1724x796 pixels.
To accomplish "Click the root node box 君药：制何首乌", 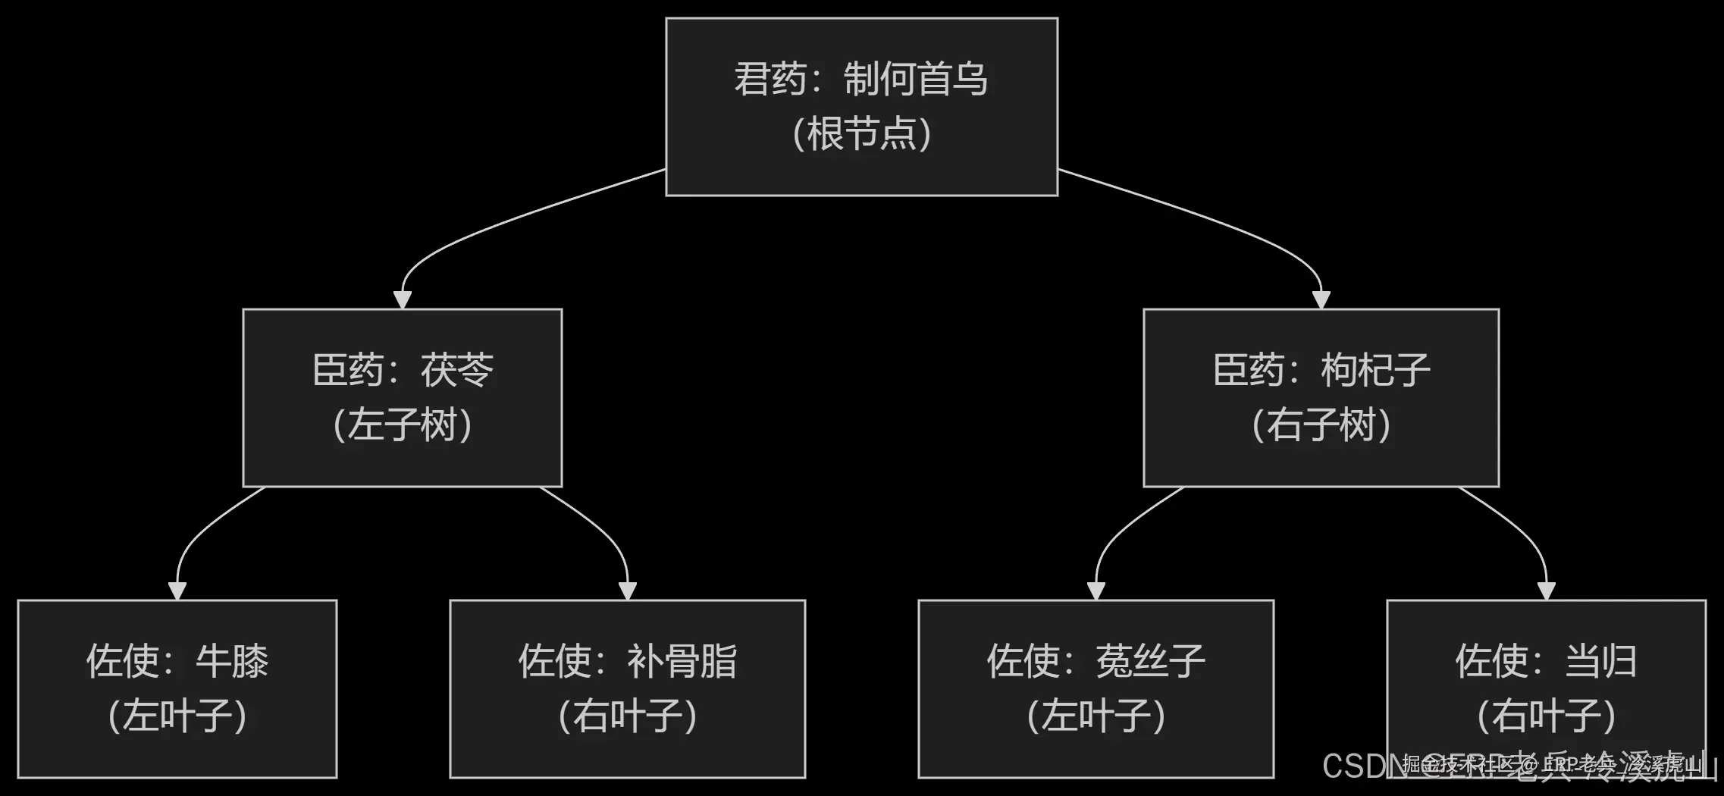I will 861,106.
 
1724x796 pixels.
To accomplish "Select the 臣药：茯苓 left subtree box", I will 402,397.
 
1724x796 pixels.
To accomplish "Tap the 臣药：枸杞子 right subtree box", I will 1321,397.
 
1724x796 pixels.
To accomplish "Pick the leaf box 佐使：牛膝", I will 177,688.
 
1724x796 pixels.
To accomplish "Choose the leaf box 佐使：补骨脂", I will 627,688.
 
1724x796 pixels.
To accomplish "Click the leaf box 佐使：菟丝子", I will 1096,688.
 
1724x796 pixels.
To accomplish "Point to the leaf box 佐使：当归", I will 1546,688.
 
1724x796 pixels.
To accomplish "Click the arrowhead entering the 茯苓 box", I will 403,299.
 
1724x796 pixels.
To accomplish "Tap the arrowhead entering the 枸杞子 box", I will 1321,299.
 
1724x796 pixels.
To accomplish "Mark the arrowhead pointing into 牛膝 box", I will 177,591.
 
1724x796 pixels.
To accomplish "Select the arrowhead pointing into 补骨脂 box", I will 628,591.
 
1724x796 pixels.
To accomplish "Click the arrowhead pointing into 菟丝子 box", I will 1096,591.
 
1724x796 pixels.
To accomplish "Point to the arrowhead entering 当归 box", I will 1547,591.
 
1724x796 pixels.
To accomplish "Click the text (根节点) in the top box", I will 862,134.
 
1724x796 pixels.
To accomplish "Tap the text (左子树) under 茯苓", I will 403,425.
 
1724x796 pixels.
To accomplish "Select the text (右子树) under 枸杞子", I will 1321,425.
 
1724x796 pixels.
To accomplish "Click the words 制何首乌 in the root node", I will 916,79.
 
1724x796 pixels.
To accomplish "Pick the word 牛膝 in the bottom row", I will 232,661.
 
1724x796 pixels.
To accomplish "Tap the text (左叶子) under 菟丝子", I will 1096,716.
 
